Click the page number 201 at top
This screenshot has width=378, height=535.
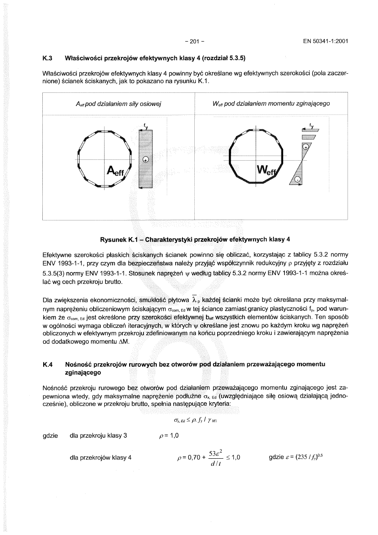coord(195,42)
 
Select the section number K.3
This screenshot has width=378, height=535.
coord(48,58)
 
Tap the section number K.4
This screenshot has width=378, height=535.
coord(48,364)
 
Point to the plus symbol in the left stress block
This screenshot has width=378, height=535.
coord(146,159)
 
